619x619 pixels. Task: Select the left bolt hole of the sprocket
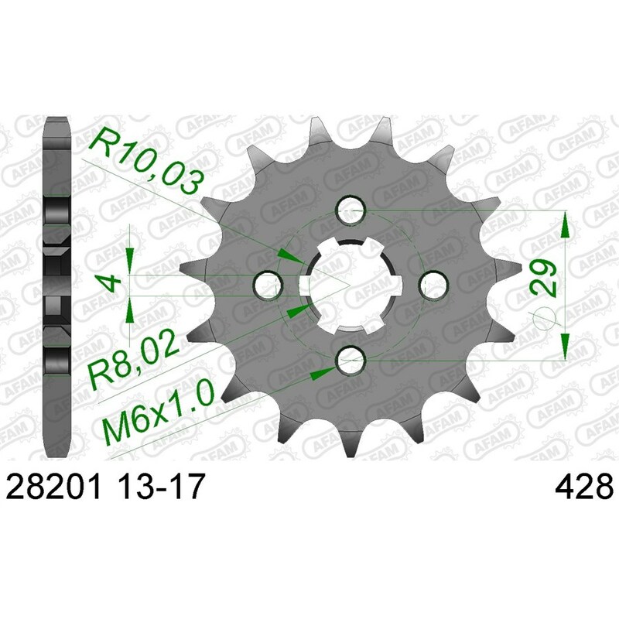point(269,283)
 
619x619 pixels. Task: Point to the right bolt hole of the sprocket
point(432,283)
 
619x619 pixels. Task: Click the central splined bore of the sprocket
point(351,283)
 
